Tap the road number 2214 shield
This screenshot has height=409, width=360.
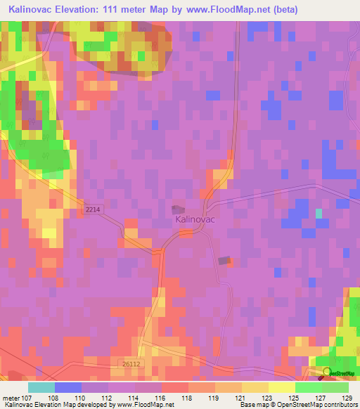pos(92,209)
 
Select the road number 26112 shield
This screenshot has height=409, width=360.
pos(131,364)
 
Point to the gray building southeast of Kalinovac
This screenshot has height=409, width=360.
pos(224,261)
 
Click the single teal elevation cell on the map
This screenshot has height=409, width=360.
pos(319,213)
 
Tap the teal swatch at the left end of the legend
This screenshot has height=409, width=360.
pos(41,387)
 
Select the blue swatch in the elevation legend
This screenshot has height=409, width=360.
pos(67,387)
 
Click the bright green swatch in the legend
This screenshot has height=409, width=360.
pos(309,387)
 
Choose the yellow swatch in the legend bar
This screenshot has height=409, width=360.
pos(282,387)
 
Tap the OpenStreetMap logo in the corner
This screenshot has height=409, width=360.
pos(336,372)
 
